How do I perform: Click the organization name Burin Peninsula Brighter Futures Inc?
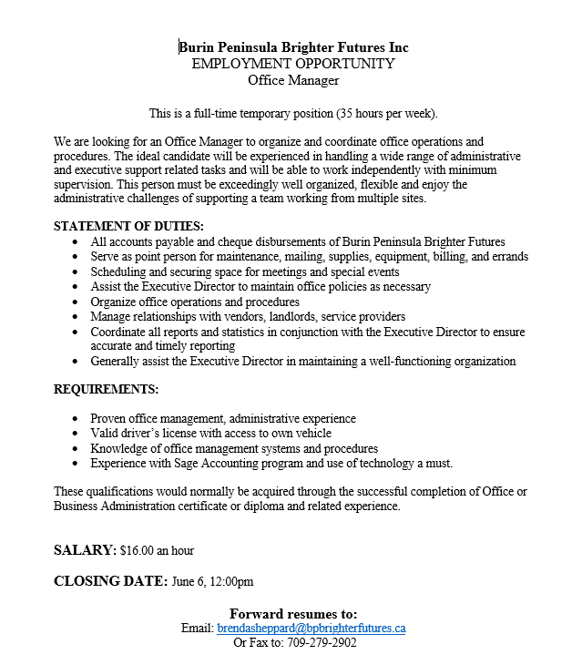pos(293,47)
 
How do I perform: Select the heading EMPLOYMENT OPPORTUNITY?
pos(293,64)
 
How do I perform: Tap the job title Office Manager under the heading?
pos(293,80)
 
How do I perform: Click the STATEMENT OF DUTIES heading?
pos(128,226)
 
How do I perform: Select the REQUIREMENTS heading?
pos(106,389)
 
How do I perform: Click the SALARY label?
pos(85,550)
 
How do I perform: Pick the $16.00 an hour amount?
pos(157,551)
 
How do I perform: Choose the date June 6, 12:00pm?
pos(212,582)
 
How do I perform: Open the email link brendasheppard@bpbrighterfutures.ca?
pos(312,629)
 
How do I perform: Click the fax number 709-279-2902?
pos(320,642)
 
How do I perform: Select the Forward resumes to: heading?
pos(293,613)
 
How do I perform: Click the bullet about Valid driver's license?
pos(210,434)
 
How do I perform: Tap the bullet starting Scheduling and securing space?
pos(244,271)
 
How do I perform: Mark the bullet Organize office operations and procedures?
pos(195,302)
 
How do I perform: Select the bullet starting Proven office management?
pos(223,419)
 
